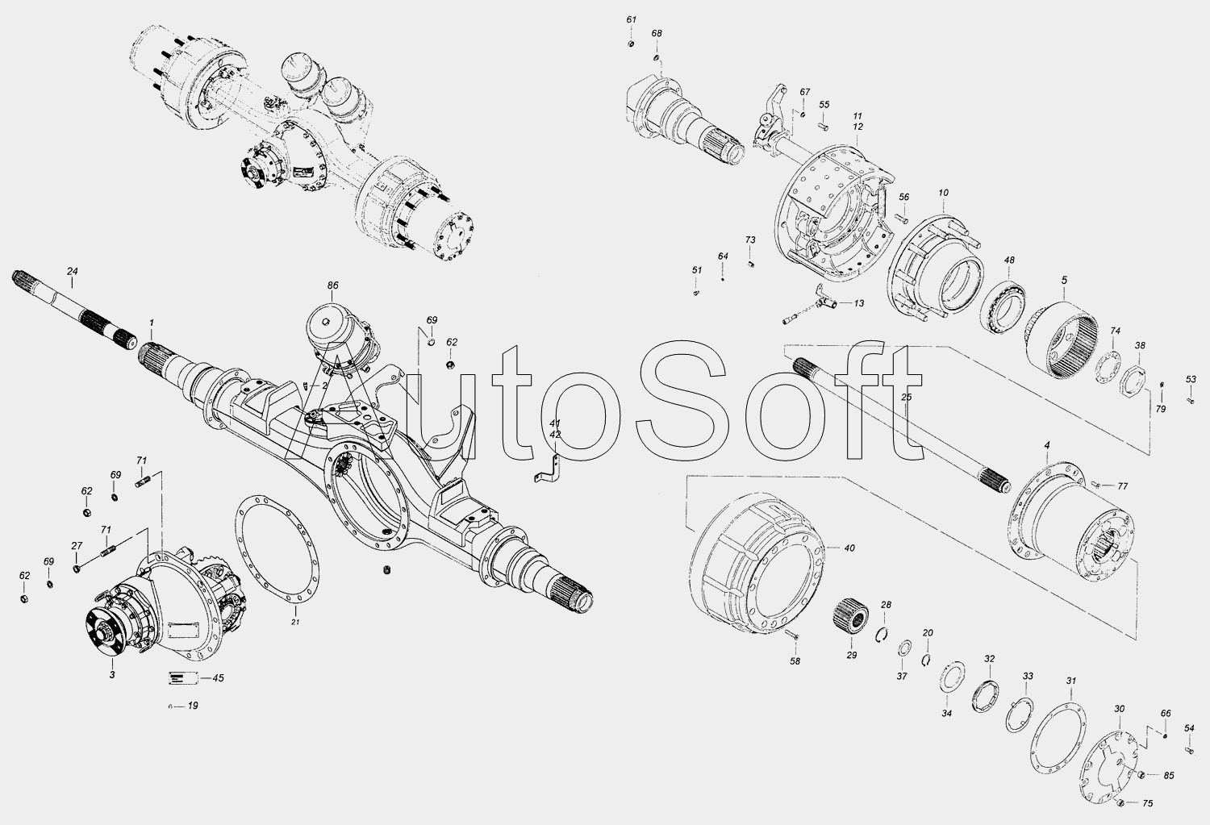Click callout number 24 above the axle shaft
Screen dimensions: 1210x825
pos(73,271)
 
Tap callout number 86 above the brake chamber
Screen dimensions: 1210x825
pos(332,285)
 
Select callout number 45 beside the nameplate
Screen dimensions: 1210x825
pos(218,678)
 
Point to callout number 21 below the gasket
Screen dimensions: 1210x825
pos(295,623)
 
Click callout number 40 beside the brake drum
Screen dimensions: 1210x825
pos(849,548)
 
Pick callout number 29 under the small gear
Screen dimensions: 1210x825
pos(851,656)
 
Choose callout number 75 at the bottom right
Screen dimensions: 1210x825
pos(1148,803)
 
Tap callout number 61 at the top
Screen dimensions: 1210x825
pos(632,19)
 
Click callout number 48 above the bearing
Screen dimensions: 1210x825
pos(1009,260)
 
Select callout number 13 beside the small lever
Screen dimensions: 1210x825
pos(858,303)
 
